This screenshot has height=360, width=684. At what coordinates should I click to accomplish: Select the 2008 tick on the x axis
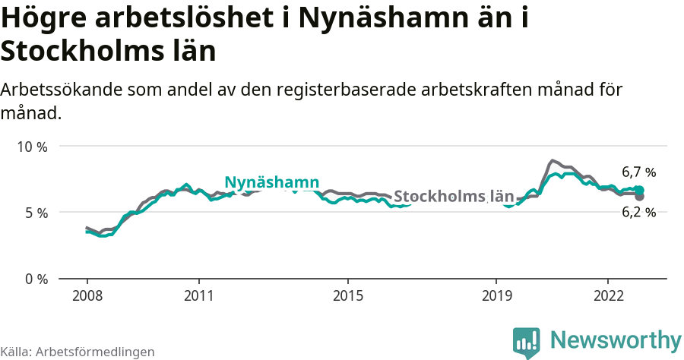point(87,295)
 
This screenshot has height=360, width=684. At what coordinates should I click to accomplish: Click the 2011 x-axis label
point(198,295)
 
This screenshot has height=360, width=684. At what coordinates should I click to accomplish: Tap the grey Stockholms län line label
point(454,196)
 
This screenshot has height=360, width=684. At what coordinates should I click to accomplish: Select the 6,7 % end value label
point(638,172)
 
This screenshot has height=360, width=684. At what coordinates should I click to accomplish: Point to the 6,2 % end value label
point(638,213)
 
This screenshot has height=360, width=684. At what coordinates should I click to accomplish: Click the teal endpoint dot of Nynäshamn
point(639,191)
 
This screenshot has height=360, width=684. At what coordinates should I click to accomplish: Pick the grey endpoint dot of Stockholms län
point(639,197)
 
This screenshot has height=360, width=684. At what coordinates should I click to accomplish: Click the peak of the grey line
point(553,161)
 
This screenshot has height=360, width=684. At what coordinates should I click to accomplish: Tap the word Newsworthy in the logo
point(616,339)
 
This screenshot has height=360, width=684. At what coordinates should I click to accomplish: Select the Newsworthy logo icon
point(527,343)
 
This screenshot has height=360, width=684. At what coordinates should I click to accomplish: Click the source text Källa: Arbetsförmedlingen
point(78,352)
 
